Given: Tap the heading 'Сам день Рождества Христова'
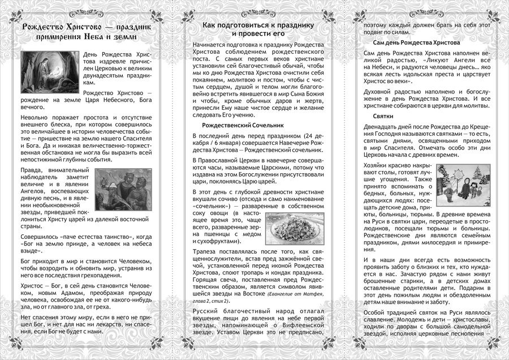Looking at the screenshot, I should pos(416,43).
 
